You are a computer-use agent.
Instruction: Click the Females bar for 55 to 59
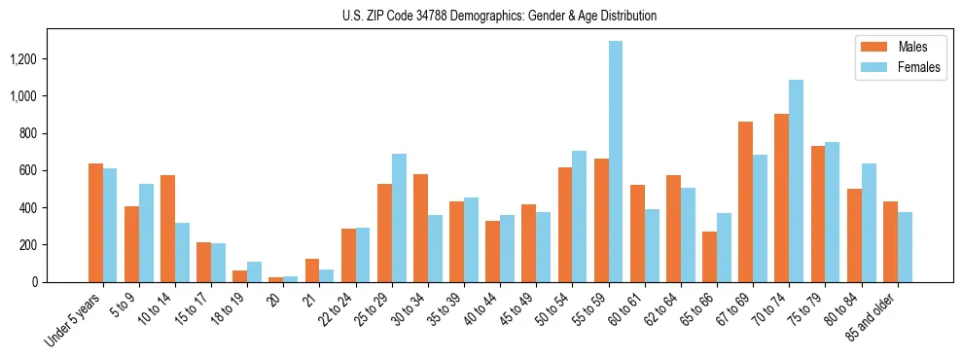tap(616, 162)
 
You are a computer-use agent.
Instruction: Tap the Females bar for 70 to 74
tap(796, 181)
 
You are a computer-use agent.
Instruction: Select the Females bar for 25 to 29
tap(399, 218)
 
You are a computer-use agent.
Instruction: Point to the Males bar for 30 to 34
tap(420, 229)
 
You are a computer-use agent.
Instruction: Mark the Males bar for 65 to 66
tap(709, 257)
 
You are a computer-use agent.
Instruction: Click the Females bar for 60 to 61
tap(652, 245)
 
